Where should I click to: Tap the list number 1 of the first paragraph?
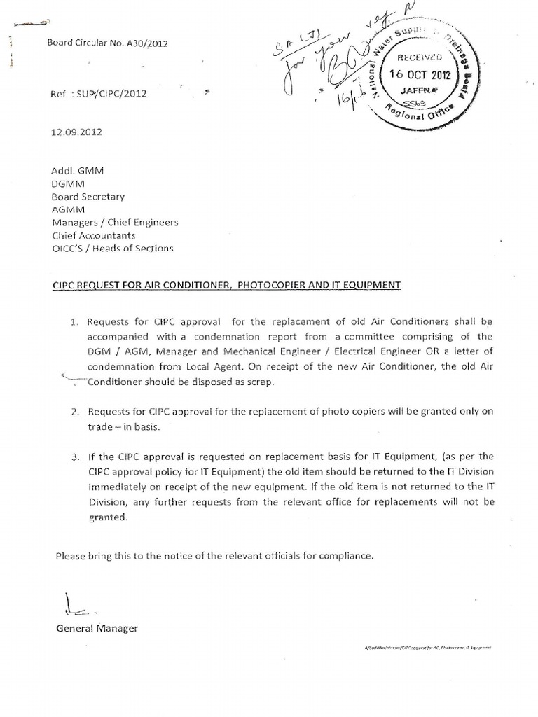(x=75, y=322)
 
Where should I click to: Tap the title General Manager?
(x=97, y=628)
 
